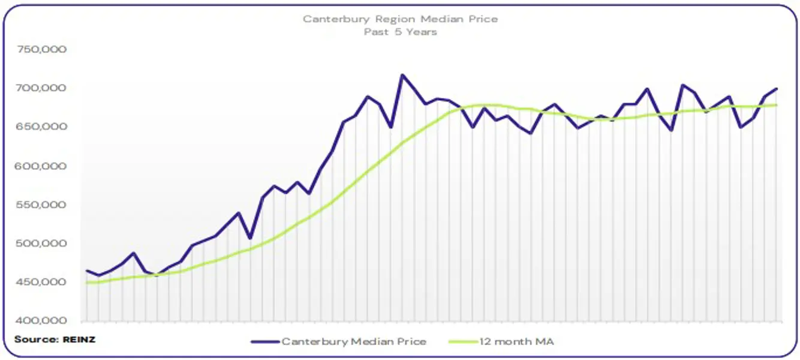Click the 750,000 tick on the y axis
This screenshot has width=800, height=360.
(41, 50)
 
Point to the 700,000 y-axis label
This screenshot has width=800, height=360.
(41, 89)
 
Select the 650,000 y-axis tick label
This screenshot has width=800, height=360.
(41, 127)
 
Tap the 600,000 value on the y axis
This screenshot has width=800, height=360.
(41, 166)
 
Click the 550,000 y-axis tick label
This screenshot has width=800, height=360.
(41, 205)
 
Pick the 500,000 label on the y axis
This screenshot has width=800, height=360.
(41, 244)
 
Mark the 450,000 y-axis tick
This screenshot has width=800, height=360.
(41, 283)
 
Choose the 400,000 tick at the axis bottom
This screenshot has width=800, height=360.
(41, 321)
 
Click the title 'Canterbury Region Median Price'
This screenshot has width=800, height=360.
(400, 19)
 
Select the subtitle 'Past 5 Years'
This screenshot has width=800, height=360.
(400, 32)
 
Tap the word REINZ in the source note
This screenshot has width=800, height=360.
(79, 340)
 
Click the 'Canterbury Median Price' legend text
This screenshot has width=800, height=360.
(354, 341)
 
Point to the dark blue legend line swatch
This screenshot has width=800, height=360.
(264, 341)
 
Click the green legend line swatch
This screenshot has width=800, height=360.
(462, 341)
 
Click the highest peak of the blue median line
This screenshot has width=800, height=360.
(402, 75)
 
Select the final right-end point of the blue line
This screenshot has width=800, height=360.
(777, 89)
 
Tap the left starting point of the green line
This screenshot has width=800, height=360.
(88, 283)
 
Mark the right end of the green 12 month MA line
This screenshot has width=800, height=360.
(777, 105)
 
